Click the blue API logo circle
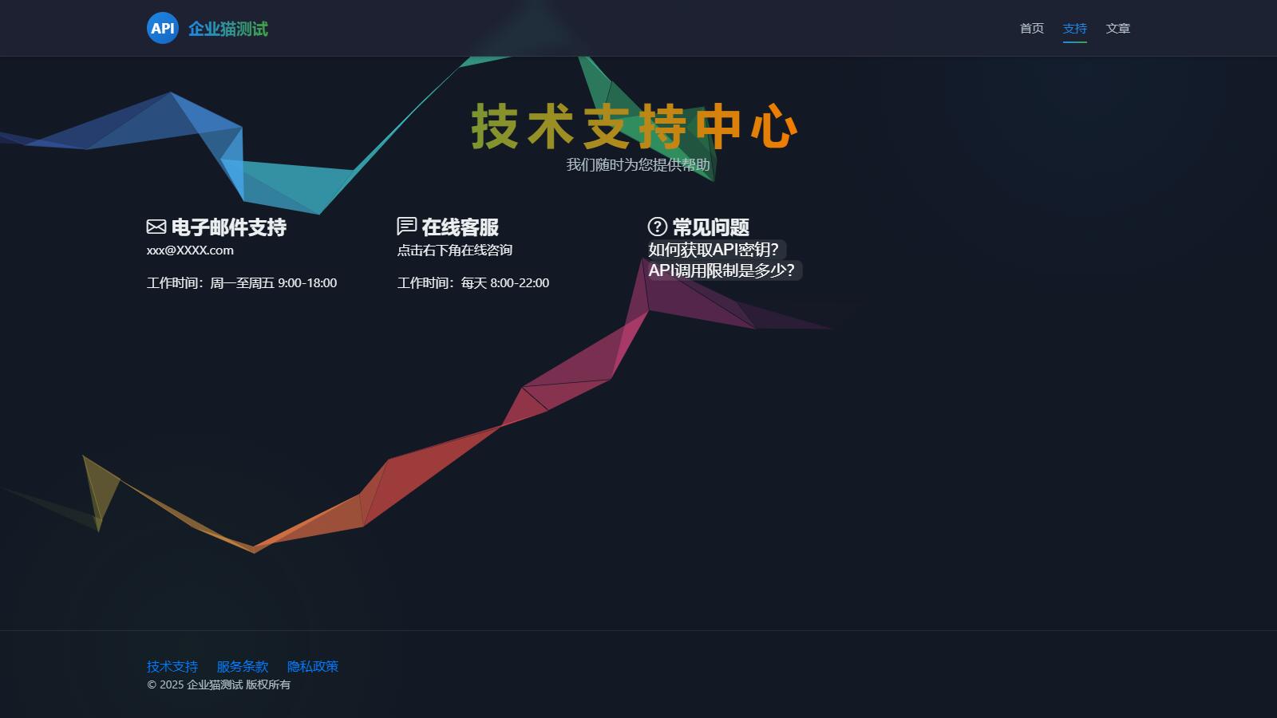click(163, 28)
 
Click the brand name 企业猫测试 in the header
click(228, 29)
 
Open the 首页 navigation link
click(1032, 29)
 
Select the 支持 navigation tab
click(1074, 29)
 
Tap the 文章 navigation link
click(1118, 29)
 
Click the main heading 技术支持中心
click(634, 126)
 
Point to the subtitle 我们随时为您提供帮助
click(638, 164)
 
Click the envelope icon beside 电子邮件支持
click(156, 227)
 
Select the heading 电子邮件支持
click(228, 227)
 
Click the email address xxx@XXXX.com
click(190, 251)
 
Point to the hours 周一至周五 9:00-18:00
click(274, 283)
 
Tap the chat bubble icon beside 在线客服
click(406, 227)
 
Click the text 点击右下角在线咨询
click(454, 251)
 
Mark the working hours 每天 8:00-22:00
click(505, 283)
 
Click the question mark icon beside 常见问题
click(658, 227)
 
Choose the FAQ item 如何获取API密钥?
click(714, 250)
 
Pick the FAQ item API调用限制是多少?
click(722, 270)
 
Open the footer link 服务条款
click(243, 666)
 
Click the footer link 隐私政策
click(312, 666)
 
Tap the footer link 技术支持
click(172, 666)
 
